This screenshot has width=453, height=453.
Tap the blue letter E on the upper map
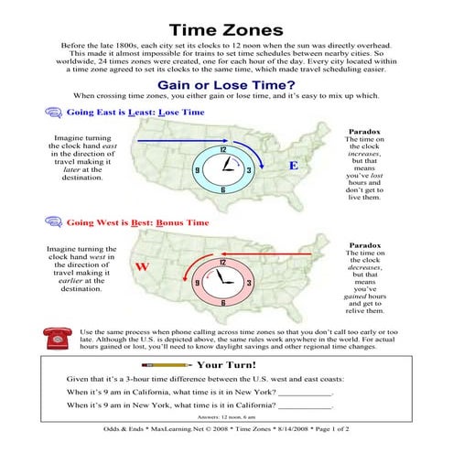(294, 166)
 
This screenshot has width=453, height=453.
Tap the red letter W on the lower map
(142, 266)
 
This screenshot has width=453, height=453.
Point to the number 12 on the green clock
(223, 149)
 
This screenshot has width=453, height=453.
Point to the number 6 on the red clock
(222, 302)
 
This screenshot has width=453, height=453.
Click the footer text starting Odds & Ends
(226, 440)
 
